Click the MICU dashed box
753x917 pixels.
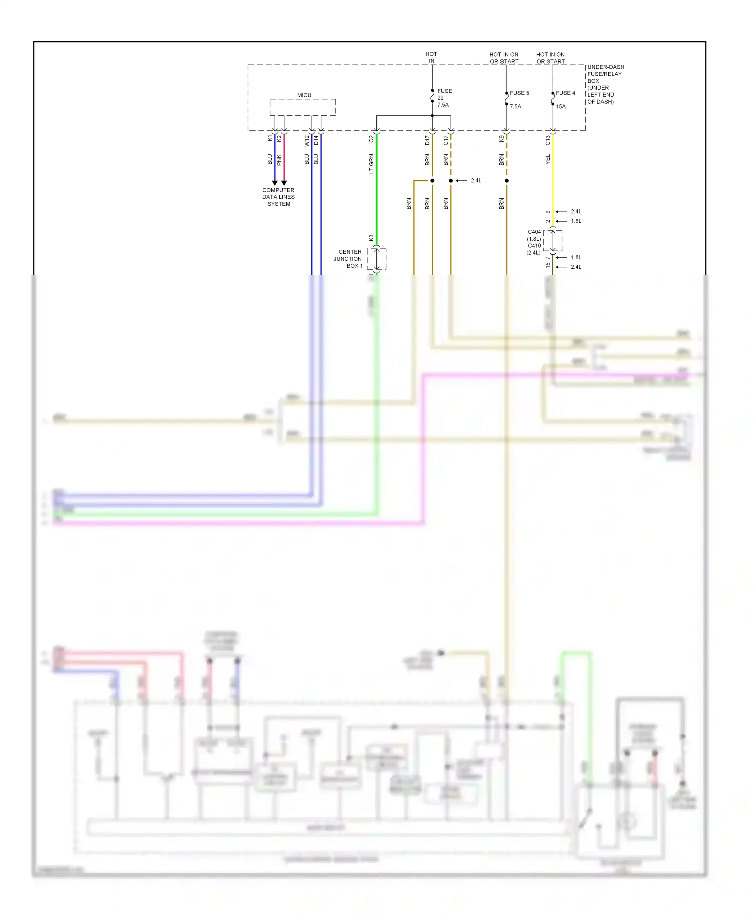[303, 107]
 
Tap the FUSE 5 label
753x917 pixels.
[519, 93]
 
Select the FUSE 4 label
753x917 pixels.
[565, 93]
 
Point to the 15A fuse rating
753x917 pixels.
[561, 106]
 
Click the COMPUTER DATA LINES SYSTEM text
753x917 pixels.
[278, 197]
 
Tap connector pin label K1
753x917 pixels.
[270, 138]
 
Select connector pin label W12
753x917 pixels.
[307, 141]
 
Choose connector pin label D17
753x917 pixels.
[427, 140]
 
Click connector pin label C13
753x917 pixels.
[548, 140]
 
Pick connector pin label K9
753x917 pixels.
[501, 138]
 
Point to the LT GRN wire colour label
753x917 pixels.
[371, 164]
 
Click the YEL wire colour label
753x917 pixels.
[548, 159]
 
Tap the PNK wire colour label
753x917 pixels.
[279, 160]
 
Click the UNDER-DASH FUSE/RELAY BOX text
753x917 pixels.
[605, 84]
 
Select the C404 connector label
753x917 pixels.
[534, 232]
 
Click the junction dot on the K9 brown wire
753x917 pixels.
[507, 181]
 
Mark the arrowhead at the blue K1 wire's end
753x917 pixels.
[275, 183]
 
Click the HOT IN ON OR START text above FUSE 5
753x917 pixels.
[504, 58]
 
